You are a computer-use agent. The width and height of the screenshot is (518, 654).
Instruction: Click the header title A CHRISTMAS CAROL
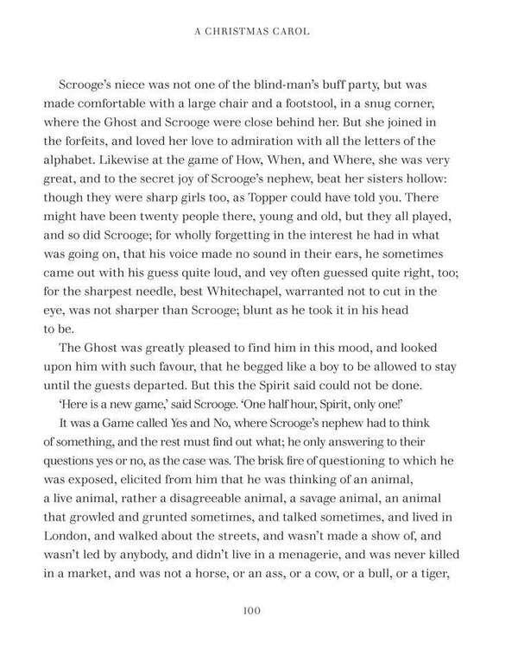point(258,34)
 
